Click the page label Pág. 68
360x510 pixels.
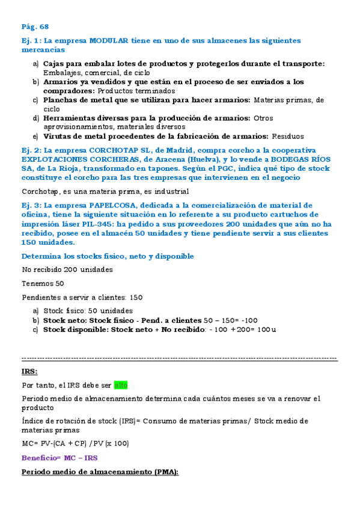point(35,26)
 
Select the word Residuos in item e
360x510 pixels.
point(288,137)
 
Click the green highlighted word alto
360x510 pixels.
point(121,385)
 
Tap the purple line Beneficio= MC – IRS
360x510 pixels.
point(59,457)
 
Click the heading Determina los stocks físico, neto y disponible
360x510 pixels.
point(107,256)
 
